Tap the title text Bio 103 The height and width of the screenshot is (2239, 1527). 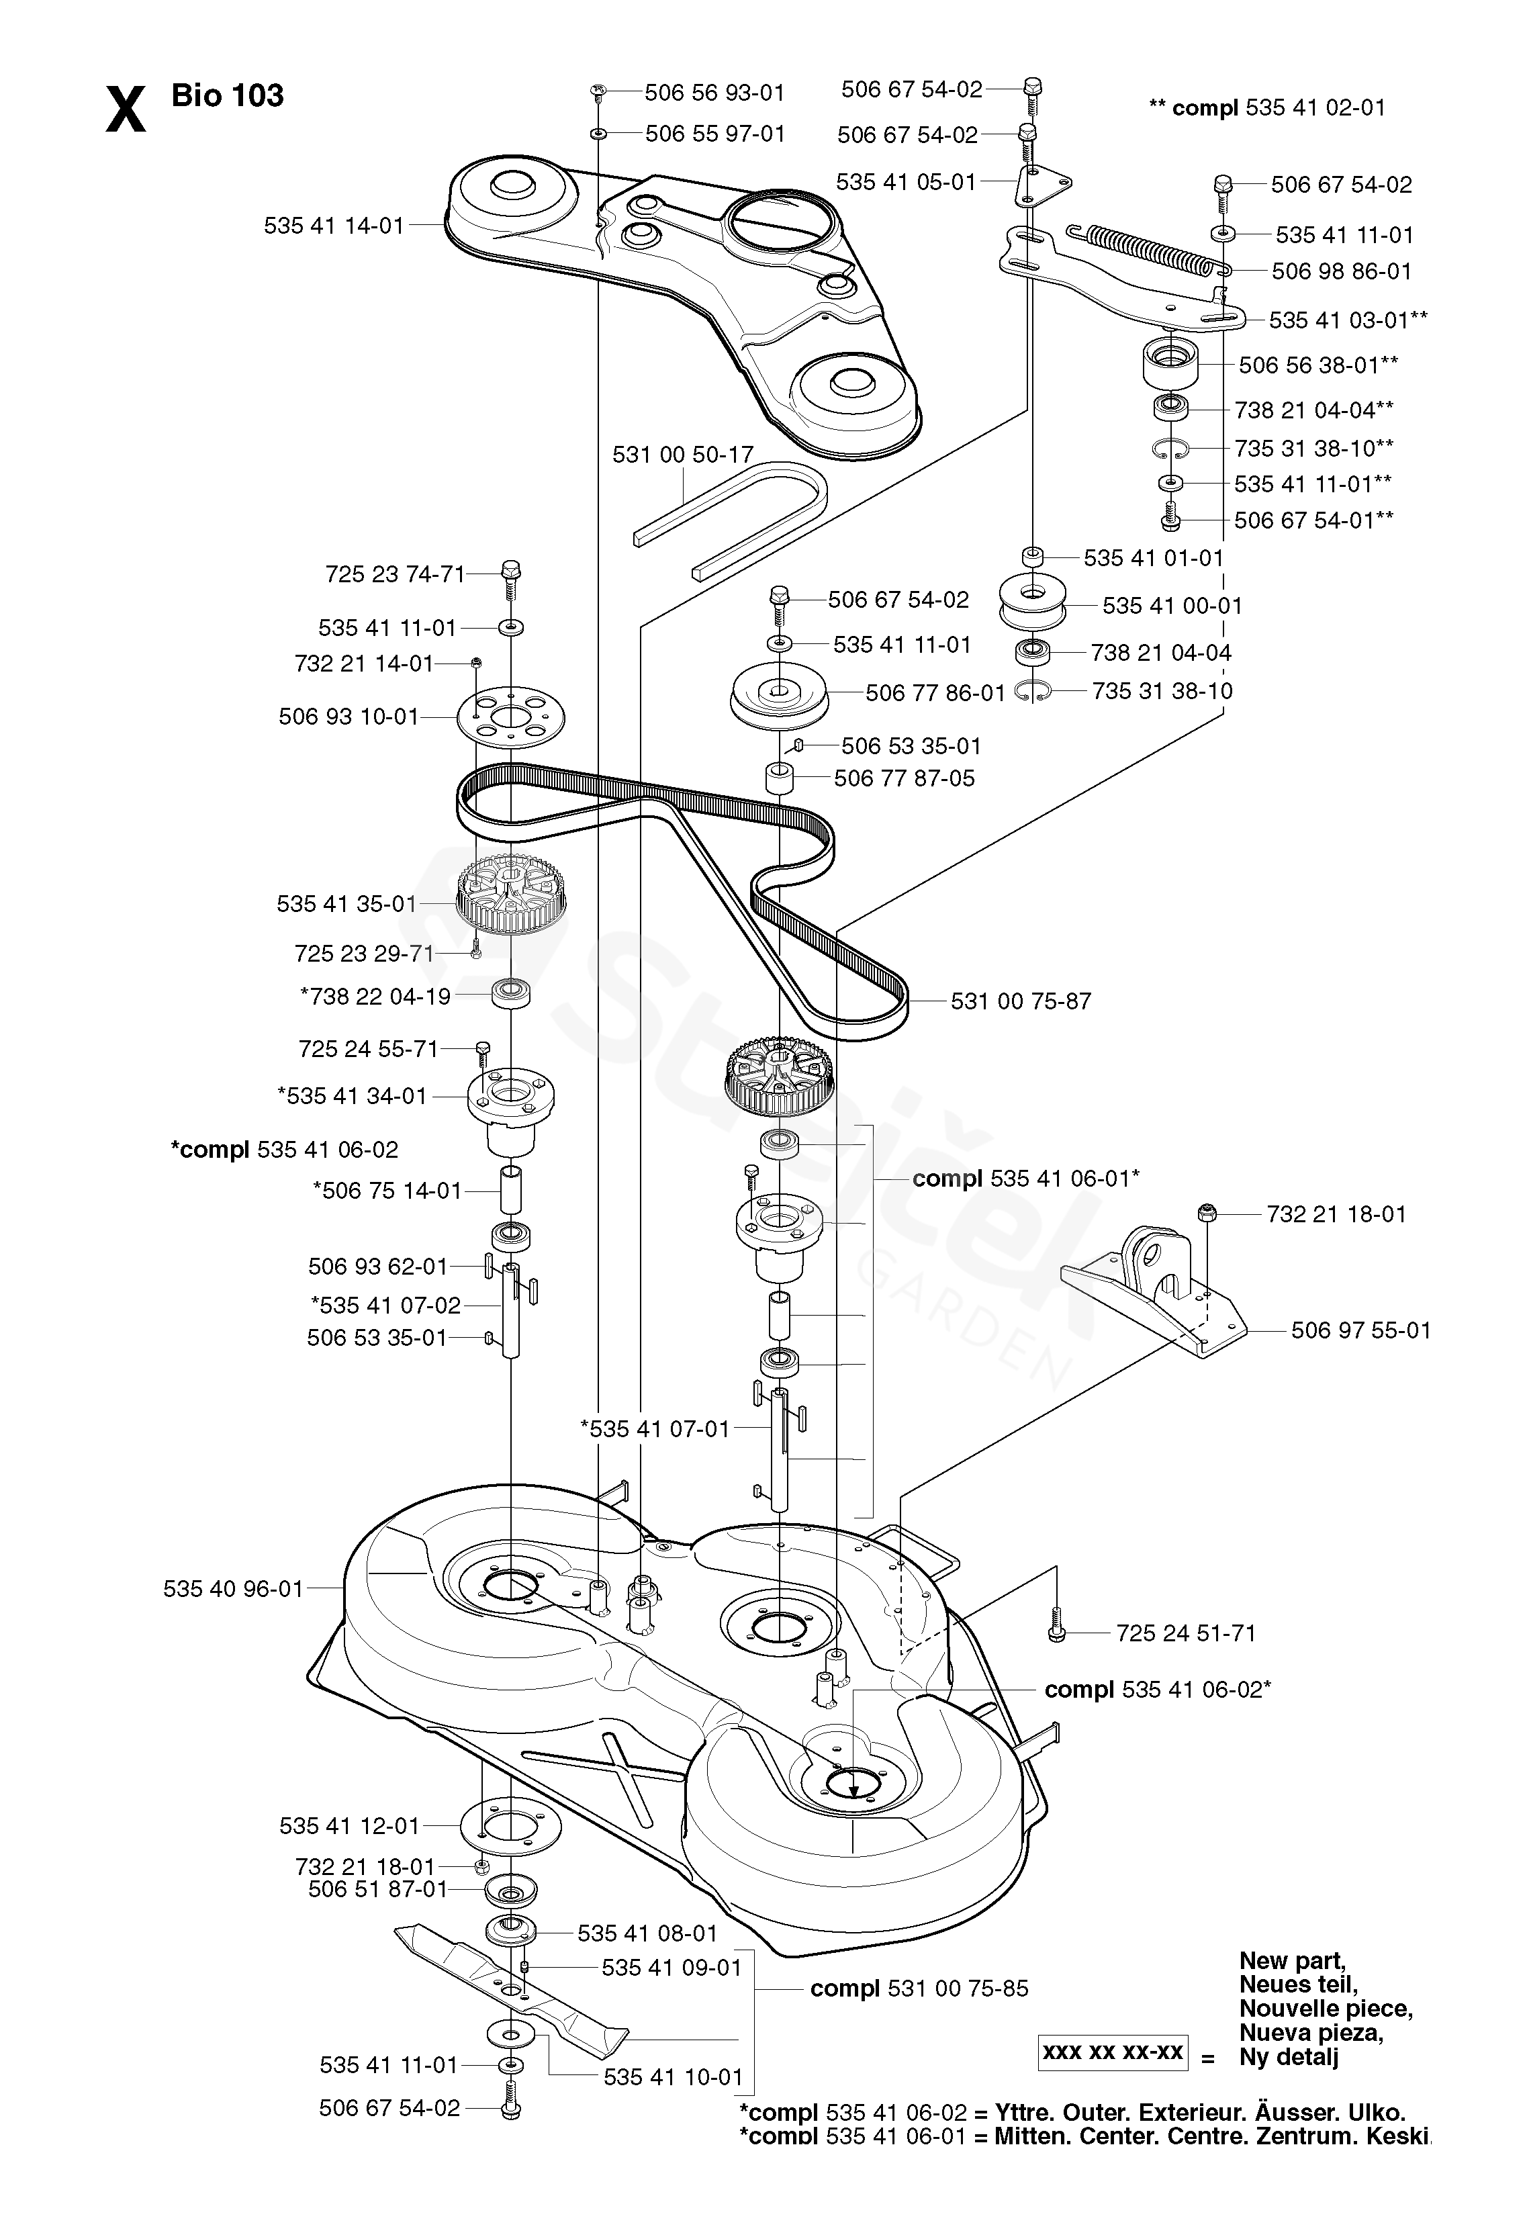228,95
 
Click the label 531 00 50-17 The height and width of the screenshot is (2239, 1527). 682,454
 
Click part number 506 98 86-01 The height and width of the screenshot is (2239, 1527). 1341,272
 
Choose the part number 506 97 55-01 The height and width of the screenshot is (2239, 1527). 1360,1330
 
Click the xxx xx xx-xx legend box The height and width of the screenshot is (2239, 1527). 1113,2052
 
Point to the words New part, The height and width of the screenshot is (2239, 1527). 1292,1960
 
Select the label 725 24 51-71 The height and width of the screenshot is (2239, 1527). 1186,1633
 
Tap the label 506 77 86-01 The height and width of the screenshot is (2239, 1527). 935,692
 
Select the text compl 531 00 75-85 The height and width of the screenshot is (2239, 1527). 919,1989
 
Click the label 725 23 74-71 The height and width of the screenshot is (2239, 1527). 395,574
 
